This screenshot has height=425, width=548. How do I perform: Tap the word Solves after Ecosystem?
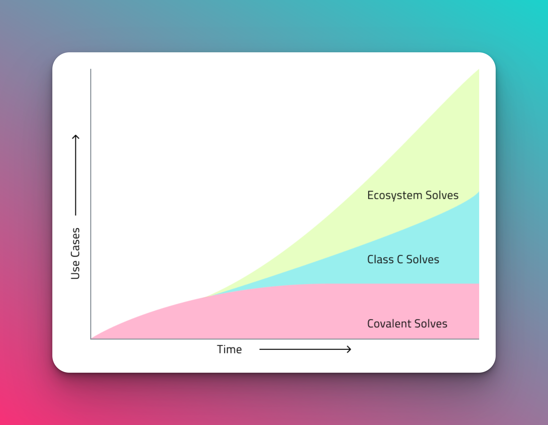coord(442,195)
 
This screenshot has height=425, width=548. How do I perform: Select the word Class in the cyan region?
coord(380,259)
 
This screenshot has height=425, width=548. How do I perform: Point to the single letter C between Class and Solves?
coord(400,260)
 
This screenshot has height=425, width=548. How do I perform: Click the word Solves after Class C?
coord(423,259)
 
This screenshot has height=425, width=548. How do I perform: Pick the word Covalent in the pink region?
coord(389,323)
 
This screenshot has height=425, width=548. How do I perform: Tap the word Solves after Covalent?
coord(431,323)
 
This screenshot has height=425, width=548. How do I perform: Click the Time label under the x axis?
coord(229,349)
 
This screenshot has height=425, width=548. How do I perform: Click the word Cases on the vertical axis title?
coord(75,243)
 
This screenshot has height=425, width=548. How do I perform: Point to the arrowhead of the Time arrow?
coord(349,349)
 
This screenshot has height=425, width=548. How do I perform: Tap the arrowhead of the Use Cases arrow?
coord(75,137)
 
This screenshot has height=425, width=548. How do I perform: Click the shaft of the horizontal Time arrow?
coord(305,349)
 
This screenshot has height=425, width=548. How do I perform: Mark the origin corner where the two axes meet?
coord(91,339)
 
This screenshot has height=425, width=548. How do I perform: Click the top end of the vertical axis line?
coord(91,69)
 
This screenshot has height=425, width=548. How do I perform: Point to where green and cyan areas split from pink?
coord(206,297)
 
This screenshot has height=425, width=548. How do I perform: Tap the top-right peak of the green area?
coord(479,69)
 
